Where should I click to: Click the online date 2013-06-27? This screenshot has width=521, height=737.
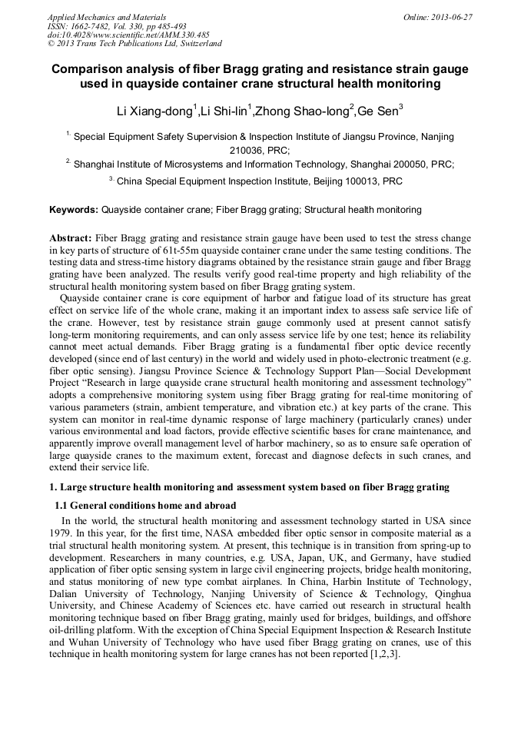[454, 16]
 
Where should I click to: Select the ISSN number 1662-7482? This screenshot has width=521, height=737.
[93, 25]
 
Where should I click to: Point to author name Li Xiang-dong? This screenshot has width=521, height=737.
[154, 112]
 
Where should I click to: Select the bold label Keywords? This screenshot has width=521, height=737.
[74, 209]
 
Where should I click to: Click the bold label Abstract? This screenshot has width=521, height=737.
[71, 238]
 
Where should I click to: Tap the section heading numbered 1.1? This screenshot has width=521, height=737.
[145, 506]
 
